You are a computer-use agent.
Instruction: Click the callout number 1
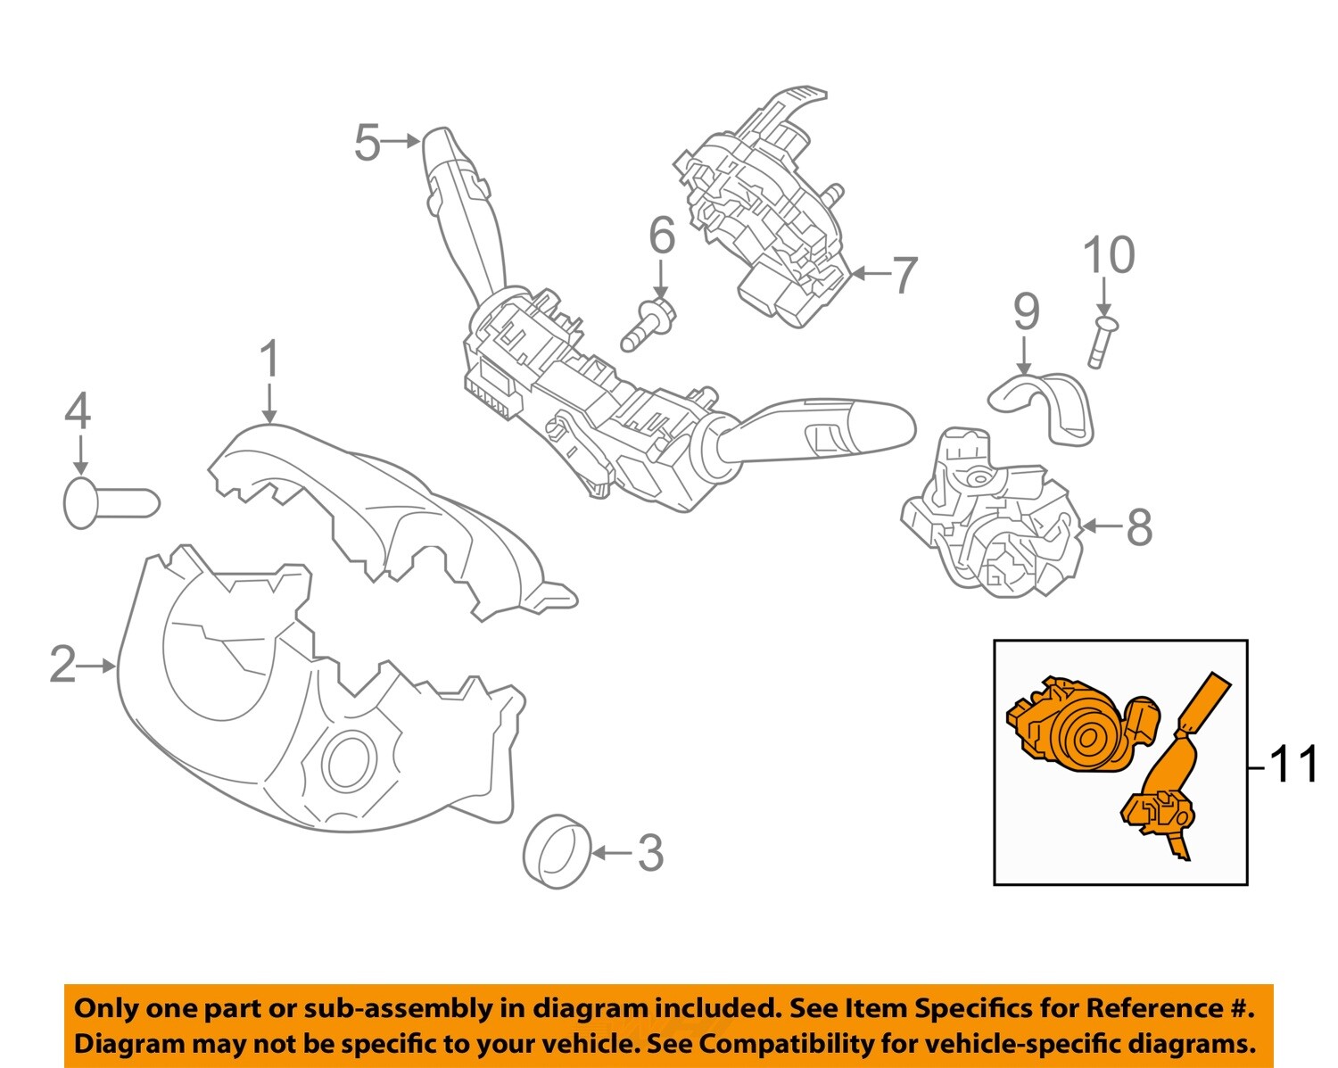click(x=268, y=360)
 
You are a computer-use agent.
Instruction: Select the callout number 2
click(x=62, y=665)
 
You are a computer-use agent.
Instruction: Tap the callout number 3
click(x=650, y=853)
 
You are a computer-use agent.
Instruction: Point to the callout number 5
click(x=368, y=142)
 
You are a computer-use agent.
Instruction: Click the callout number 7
click(x=904, y=274)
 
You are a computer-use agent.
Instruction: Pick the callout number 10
click(x=1109, y=255)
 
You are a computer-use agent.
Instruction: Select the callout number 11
click(x=1293, y=765)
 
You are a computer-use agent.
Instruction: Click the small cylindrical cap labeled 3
click(x=557, y=852)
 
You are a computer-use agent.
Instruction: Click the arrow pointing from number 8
click(x=1101, y=526)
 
